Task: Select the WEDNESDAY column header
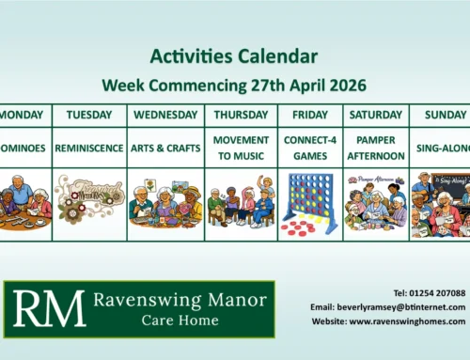[164, 115]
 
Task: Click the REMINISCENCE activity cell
[88, 148]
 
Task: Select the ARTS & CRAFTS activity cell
[164, 148]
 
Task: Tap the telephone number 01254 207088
[430, 293]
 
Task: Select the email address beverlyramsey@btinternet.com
[387, 307]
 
